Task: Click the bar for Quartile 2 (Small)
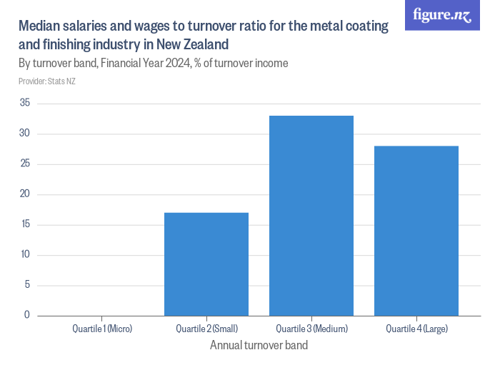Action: tap(206, 264)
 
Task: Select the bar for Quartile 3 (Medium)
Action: tap(311, 215)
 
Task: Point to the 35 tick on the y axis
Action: tap(25, 103)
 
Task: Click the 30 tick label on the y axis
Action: tap(25, 134)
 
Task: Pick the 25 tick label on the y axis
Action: tap(25, 164)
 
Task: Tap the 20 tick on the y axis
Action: tap(25, 194)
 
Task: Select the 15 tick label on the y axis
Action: tap(25, 225)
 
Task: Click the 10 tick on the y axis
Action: tap(25, 255)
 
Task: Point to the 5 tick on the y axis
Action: tap(27, 286)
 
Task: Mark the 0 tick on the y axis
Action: tap(27, 315)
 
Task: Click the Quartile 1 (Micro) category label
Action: tap(102, 329)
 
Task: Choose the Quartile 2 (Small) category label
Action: tap(206, 329)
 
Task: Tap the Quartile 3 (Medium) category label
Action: tap(311, 329)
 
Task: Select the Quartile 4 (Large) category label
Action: tap(416, 329)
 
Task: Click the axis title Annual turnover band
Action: tap(259, 346)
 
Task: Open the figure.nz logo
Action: tap(442, 15)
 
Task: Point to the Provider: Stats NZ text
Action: tap(47, 81)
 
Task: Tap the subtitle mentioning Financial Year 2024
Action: tap(154, 64)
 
